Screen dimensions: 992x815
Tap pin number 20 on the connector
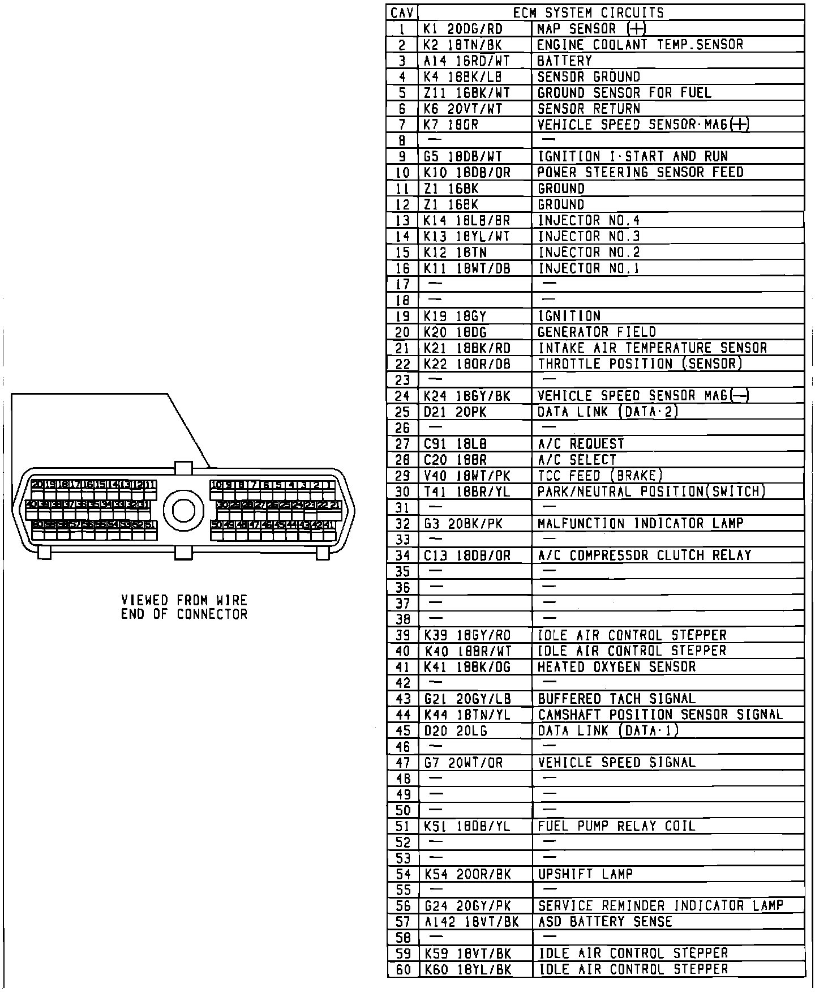tap(37, 485)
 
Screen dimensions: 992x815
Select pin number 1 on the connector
tap(329, 485)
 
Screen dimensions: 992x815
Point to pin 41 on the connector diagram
tap(328, 525)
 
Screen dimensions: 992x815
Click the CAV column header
tap(403, 12)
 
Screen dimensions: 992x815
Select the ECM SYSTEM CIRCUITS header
tap(589, 12)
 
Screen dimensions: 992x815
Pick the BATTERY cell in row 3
tap(565, 61)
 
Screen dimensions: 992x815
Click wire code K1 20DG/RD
tap(463, 29)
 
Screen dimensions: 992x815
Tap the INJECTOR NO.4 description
tap(589, 220)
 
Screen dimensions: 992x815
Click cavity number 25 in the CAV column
tap(403, 412)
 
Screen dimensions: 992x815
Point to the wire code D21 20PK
tap(455, 412)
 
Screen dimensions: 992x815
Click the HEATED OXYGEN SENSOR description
tap(616, 667)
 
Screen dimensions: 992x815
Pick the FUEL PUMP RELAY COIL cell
tap(616, 826)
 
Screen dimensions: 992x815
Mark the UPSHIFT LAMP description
tap(585, 874)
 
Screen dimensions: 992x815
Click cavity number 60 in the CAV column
tap(403, 969)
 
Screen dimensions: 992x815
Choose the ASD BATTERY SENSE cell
tap(605, 922)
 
